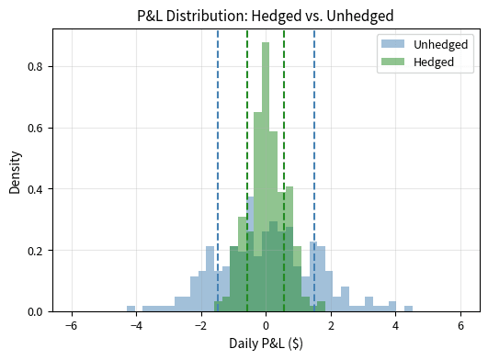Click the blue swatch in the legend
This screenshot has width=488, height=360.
pyautogui.click(x=392, y=45)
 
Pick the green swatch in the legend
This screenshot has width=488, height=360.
pyautogui.click(x=392, y=62)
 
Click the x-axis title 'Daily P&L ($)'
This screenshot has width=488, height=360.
pyautogui.click(x=266, y=345)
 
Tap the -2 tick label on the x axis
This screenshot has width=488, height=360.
pyautogui.click(x=199, y=325)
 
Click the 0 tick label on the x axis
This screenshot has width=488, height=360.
pyautogui.click(x=266, y=325)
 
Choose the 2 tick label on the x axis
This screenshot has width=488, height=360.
pyautogui.click(x=331, y=325)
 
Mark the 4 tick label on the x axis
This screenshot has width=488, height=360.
pyautogui.click(x=396, y=325)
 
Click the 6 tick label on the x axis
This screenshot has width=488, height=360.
pyautogui.click(x=461, y=325)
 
